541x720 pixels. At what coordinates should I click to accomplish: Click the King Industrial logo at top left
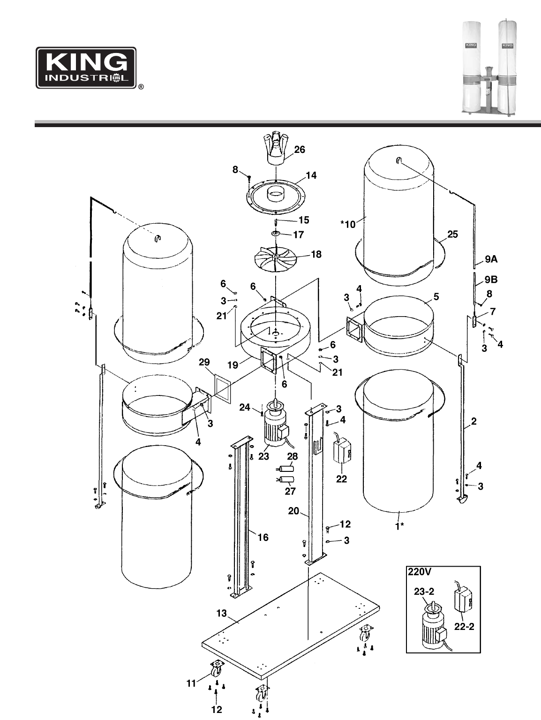(86, 68)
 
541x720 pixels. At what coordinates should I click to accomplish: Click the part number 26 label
(299, 150)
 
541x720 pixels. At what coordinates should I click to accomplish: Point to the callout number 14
(311, 175)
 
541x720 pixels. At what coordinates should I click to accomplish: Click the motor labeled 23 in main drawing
(276, 424)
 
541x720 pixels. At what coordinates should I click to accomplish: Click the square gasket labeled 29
(223, 388)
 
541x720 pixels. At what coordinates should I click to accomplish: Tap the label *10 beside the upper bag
(348, 224)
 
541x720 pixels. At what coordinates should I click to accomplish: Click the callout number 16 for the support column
(263, 537)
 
